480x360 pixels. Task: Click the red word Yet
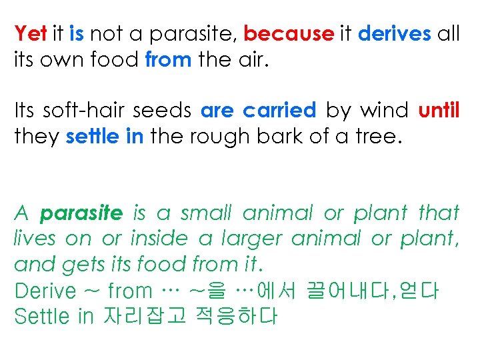click(30, 33)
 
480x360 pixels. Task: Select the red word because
click(288, 33)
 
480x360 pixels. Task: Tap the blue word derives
click(395, 33)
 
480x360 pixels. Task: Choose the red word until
click(439, 110)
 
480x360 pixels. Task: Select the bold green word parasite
click(82, 213)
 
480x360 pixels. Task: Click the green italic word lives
click(34, 239)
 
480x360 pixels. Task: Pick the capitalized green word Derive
click(45, 291)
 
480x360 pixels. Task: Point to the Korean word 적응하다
click(235, 316)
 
